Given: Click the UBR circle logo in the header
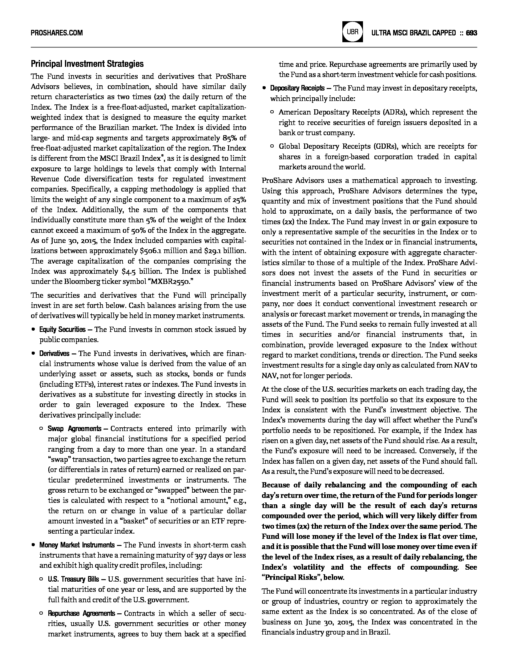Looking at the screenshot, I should [x=352, y=32].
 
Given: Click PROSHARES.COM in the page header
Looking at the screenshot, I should [x=57, y=33].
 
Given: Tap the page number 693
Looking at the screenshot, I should [x=471, y=33].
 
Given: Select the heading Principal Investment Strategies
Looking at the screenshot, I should [x=87, y=64].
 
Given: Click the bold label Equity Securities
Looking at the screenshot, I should [x=62, y=330].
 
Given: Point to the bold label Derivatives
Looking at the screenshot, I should [x=54, y=353].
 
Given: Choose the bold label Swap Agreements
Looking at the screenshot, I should [x=74, y=429].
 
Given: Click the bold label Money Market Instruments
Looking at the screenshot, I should [x=77, y=545].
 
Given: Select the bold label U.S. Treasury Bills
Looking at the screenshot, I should [x=73, y=579].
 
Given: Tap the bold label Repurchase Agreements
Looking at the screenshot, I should [x=81, y=613].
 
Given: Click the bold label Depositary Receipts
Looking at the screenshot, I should [x=297, y=88].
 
